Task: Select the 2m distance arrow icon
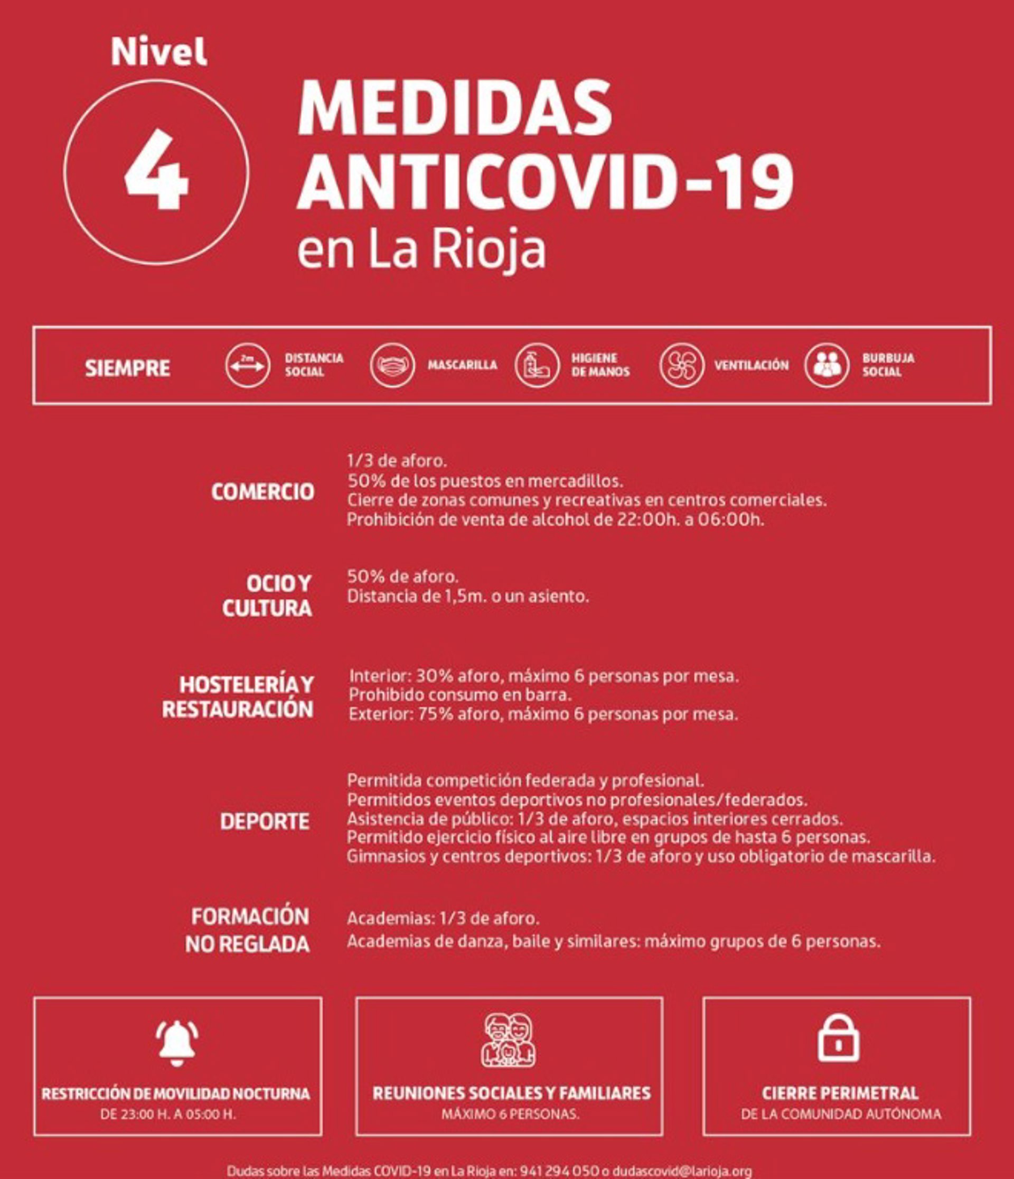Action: [247, 365]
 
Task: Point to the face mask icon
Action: [392, 365]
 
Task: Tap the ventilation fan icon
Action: [681, 365]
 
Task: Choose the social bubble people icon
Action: [827, 365]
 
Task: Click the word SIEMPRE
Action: [127, 368]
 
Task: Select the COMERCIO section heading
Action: [262, 491]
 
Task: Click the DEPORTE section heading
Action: [265, 821]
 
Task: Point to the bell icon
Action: [177, 1043]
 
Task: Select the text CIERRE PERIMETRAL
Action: [840, 1093]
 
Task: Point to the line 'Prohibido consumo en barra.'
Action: [460, 695]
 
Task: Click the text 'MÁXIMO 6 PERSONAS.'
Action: [510, 1113]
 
